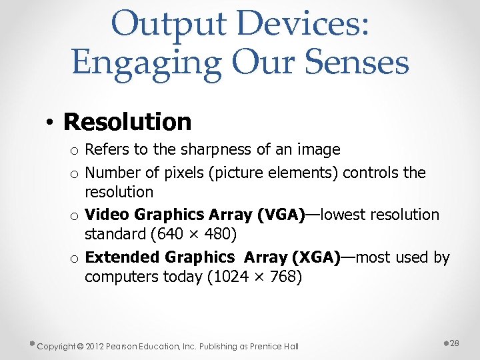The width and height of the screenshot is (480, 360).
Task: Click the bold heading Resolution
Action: (x=127, y=122)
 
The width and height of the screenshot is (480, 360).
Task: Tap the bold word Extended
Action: (x=123, y=257)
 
